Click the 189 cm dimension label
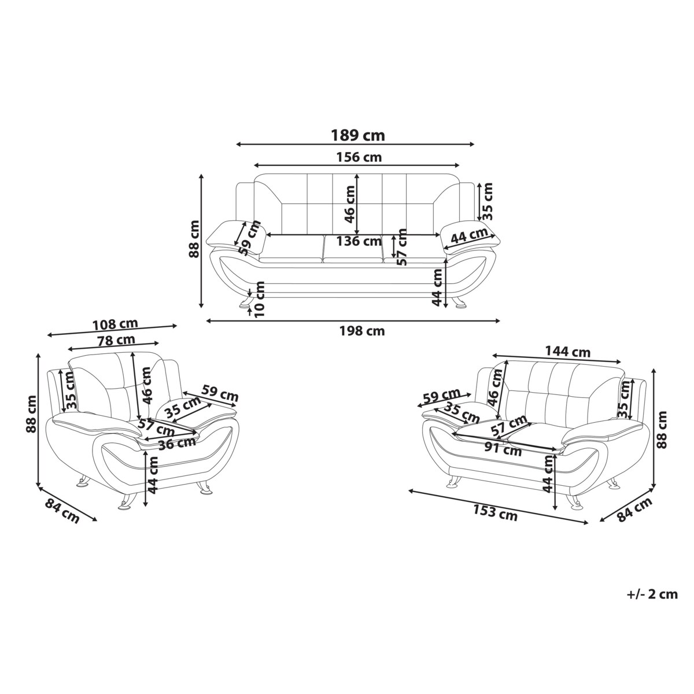[x=357, y=136]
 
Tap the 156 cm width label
[x=359, y=157]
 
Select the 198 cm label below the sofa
[x=362, y=331]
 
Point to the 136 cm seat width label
[x=359, y=241]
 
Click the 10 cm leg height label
[x=259, y=299]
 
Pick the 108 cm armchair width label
[x=115, y=324]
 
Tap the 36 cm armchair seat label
[x=177, y=444]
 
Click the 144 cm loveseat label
[x=567, y=351]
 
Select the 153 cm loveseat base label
[x=495, y=513]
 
